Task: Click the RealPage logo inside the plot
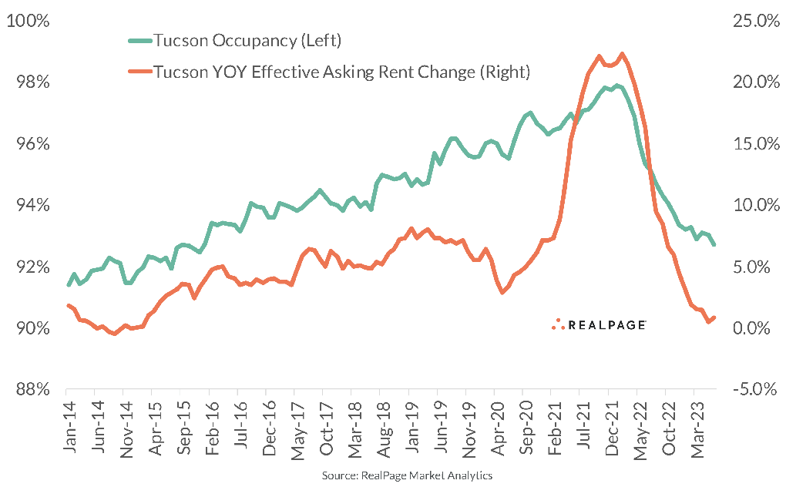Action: [x=599, y=324]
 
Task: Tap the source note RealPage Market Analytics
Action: [x=407, y=475]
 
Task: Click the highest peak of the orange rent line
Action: [x=622, y=54]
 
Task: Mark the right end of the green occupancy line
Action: [x=714, y=245]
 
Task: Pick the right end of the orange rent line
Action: [x=715, y=317]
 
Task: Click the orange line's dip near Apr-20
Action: [x=502, y=293]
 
